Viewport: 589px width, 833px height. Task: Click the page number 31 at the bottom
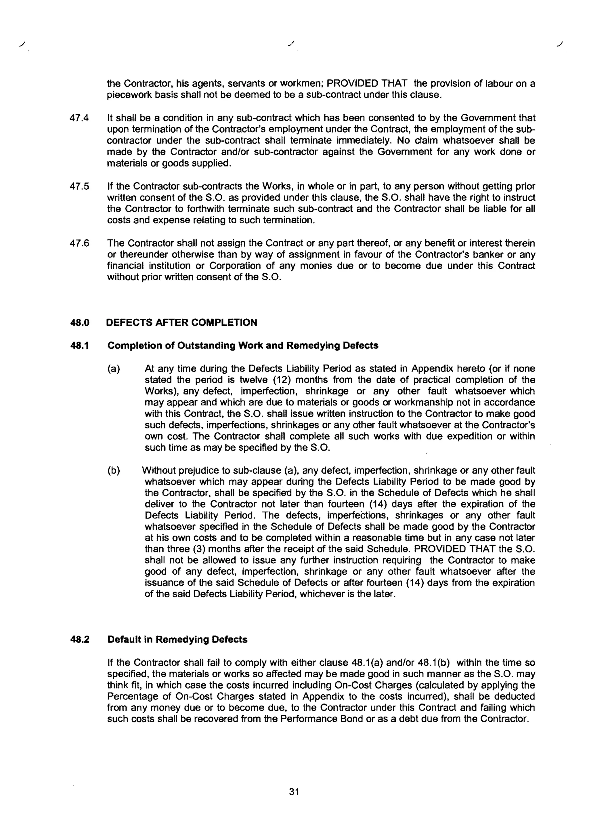tap(294, 792)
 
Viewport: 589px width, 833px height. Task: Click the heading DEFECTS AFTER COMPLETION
tap(182, 323)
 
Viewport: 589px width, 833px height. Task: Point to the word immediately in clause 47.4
tap(364, 141)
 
